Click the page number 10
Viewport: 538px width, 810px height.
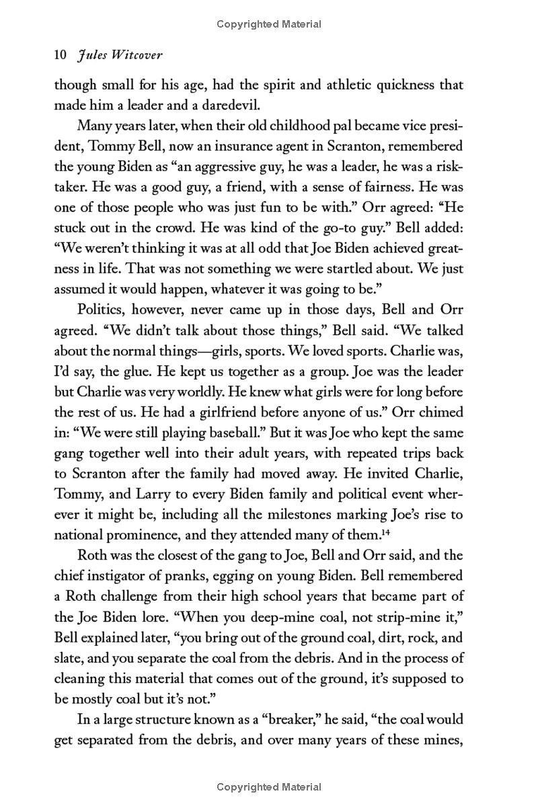pos(60,57)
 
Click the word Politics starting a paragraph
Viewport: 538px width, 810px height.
pos(104,311)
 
